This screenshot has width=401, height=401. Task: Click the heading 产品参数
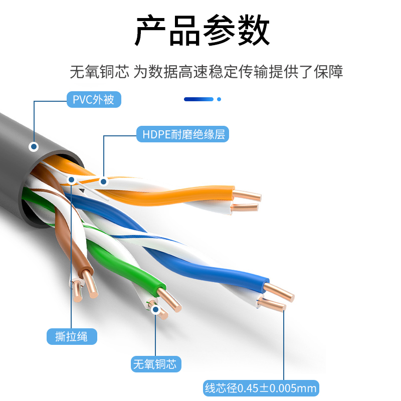coord(202,31)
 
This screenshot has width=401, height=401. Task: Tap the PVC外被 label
coord(94,99)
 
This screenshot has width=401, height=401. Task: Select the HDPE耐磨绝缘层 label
coord(182,134)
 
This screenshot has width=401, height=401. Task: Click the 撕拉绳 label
coord(72,336)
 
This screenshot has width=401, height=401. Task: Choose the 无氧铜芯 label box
coord(155,364)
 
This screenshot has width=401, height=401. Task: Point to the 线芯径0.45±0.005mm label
coord(261,387)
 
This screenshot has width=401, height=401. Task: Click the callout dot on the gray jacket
coord(34,147)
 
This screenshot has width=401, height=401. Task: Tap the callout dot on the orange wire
coord(103,181)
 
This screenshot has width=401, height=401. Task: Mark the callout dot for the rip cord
coord(72,179)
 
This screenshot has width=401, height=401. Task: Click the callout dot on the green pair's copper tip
coord(155,309)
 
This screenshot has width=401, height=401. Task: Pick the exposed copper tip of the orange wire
coord(248,195)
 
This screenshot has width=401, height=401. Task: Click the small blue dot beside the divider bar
coord(219,99)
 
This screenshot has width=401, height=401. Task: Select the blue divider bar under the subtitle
coord(199,99)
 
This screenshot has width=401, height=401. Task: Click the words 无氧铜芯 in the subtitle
coord(100,72)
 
